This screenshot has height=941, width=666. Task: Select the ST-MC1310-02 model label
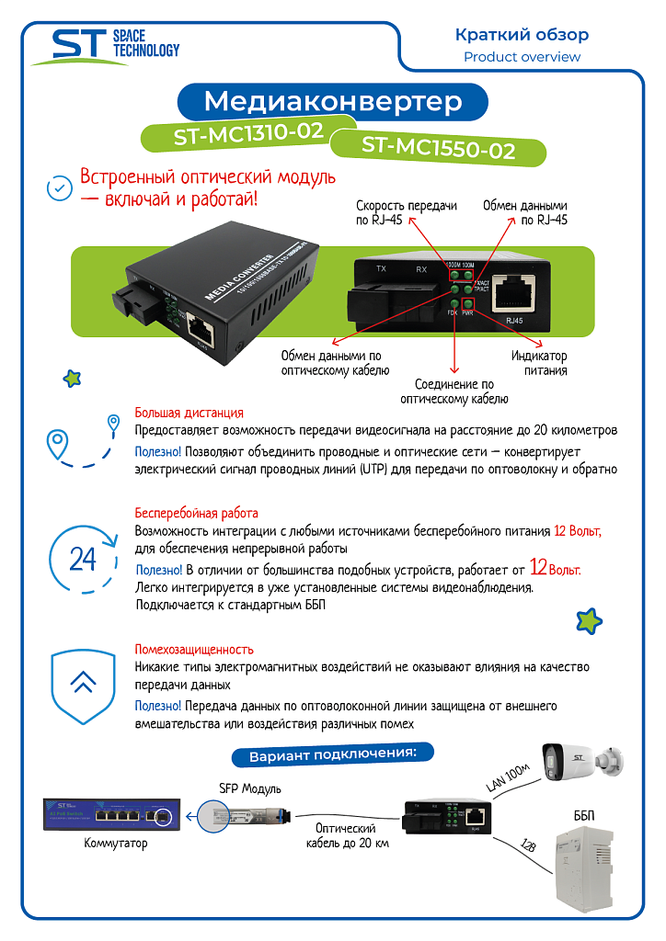[x=248, y=134]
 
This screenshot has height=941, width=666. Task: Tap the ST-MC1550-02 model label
[x=437, y=148]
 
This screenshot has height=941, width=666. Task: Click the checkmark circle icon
[x=60, y=188]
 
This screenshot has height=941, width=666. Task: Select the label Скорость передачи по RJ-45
[x=406, y=213]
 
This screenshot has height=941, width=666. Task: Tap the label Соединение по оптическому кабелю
[x=454, y=391]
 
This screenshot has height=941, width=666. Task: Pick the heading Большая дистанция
[x=189, y=413]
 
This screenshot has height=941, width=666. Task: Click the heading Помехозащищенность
[x=194, y=649]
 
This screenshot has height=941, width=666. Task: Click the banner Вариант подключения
[x=332, y=756]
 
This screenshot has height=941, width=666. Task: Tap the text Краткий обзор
[x=522, y=35]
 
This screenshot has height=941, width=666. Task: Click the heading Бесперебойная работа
[x=196, y=513]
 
